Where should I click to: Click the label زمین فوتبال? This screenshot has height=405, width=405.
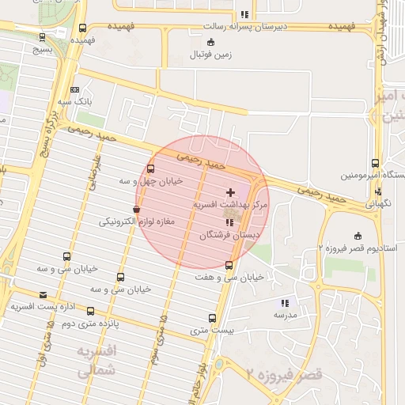(x=207, y=55)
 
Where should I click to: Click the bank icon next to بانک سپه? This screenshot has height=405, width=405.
(x=75, y=90)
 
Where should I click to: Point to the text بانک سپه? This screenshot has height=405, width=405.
(x=100, y=102)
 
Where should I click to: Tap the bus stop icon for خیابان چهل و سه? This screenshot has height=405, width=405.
(x=151, y=168)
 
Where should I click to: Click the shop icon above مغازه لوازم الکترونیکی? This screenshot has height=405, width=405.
(x=138, y=210)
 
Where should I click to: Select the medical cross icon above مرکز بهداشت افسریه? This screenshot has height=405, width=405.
(x=231, y=192)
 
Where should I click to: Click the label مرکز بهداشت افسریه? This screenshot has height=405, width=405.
(x=231, y=204)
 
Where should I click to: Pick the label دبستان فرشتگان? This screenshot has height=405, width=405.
(x=229, y=235)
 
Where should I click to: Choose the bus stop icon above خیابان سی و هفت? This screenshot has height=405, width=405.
(x=229, y=266)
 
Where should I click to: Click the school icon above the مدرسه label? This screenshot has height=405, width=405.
(x=285, y=302)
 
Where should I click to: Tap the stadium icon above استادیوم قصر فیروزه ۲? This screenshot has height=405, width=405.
(x=358, y=236)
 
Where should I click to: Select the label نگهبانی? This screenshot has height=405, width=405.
(x=378, y=202)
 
